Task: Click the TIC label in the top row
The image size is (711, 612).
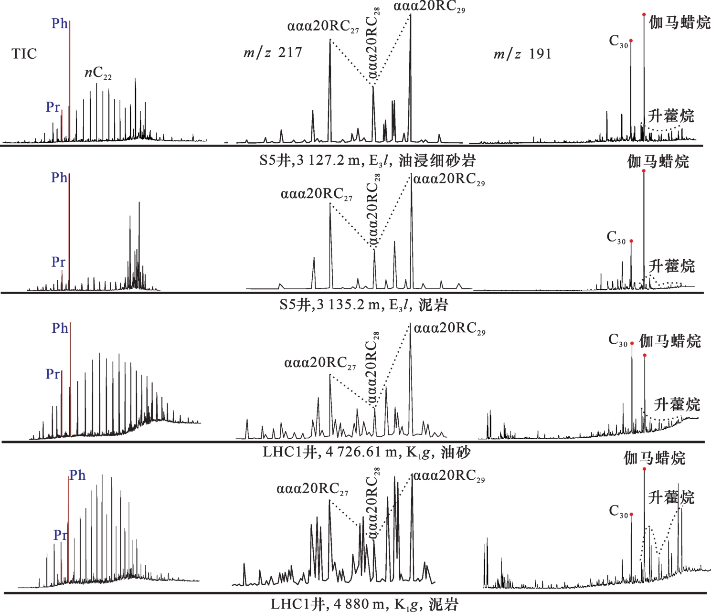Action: (x=24, y=53)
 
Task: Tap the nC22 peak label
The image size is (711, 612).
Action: (x=98, y=73)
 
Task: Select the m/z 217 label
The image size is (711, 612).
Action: (x=273, y=52)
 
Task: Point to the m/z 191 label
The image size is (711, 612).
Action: (x=522, y=53)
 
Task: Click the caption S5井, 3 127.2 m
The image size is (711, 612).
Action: (x=367, y=160)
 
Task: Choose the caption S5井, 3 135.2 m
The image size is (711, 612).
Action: (x=364, y=305)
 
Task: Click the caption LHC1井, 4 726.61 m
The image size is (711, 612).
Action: (x=366, y=452)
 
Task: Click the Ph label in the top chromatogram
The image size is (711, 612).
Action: (x=60, y=23)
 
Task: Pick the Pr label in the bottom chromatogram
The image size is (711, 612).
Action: (x=60, y=535)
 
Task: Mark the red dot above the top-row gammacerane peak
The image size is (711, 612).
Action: (x=644, y=15)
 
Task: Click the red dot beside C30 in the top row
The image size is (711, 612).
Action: (x=631, y=41)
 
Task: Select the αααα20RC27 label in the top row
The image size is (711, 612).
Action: (x=323, y=27)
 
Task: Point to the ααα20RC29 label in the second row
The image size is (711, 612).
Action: (x=449, y=179)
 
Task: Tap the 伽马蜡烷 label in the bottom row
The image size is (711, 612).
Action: (x=654, y=458)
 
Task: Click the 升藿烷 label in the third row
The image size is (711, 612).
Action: (x=677, y=404)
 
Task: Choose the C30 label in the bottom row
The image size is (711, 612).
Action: (x=618, y=511)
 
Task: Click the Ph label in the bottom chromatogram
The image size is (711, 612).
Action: (x=77, y=475)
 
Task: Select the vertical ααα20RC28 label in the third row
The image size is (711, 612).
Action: (x=372, y=368)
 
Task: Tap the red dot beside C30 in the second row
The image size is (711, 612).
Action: (x=631, y=241)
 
